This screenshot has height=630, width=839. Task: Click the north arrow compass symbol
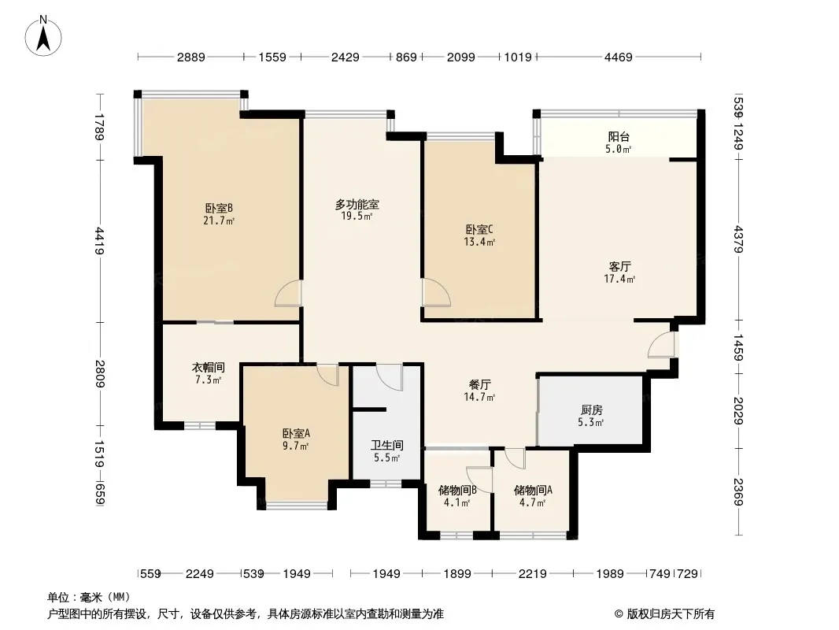[x=43, y=36]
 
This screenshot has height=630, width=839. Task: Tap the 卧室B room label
[x=219, y=208]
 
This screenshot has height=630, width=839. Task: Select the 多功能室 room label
[x=357, y=204]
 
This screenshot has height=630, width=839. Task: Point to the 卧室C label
[x=479, y=230]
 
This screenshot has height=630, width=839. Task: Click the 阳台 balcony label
[x=619, y=137]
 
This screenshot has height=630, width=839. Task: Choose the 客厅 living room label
[x=619, y=266]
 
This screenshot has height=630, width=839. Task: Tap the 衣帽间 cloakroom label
[x=208, y=368]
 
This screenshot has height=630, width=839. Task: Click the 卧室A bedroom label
[x=296, y=433]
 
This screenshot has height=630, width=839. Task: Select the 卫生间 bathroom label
[x=387, y=446]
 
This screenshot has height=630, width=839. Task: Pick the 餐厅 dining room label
[x=479, y=384]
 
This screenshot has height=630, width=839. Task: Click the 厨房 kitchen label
[x=591, y=410]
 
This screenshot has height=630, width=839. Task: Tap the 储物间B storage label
[x=457, y=490]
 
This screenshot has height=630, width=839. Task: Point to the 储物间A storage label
[x=533, y=490]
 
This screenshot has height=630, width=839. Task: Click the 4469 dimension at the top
[x=619, y=57]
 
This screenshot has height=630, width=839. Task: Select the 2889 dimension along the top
[x=191, y=57]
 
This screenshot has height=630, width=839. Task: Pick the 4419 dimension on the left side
[x=100, y=241]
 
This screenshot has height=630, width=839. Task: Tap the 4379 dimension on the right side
[x=738, y=239]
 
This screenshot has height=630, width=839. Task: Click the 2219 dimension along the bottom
[x=532, y=574]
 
